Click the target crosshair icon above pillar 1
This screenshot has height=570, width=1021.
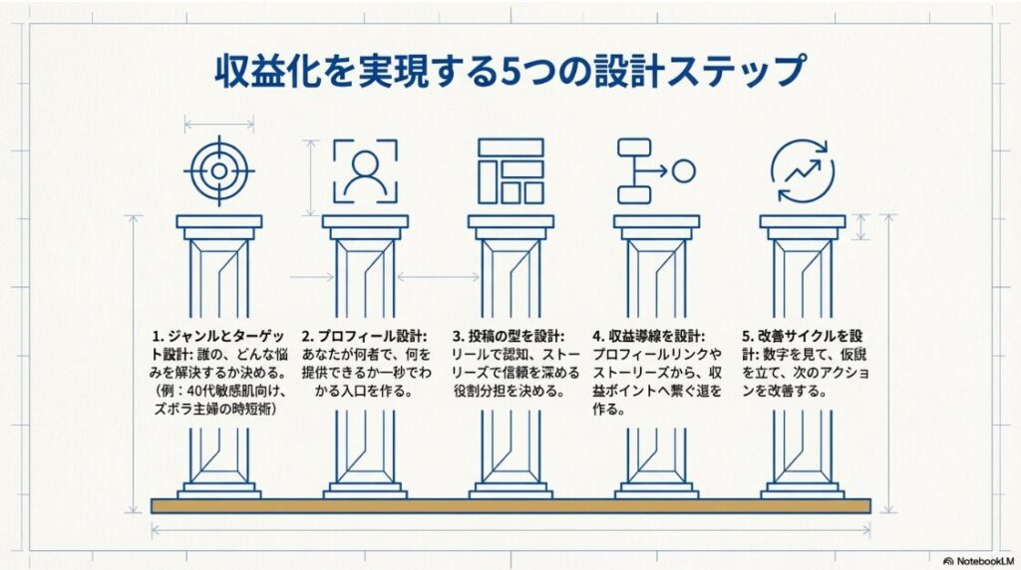(x=218, y=170)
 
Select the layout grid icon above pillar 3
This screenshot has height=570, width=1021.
(x=510, y=170)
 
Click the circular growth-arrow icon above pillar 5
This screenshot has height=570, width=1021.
(x=802, y=170)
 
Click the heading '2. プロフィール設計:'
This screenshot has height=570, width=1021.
(x=364, y=336)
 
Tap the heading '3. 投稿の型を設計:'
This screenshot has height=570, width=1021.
(x=510, y=336)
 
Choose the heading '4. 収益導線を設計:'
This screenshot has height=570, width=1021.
(x=649, y=336)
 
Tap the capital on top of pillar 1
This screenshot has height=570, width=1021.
(x=218, y=222)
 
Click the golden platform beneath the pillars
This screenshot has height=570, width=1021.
(x=510, y=506)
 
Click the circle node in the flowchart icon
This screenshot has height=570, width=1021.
(x=683, y=170)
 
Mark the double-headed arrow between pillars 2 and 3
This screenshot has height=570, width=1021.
(x=437, y=277)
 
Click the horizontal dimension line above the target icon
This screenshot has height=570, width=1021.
(x=218, y=124)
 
